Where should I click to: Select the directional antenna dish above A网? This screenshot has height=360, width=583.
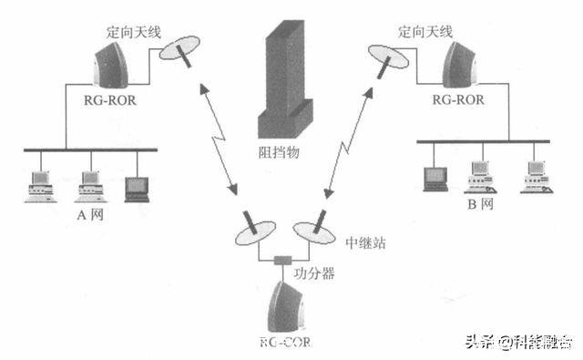tap(181, 52)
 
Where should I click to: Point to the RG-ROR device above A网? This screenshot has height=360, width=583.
tap(114, 65)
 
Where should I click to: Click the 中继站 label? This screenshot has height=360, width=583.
tap(363, 244)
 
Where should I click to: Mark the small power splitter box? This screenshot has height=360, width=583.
tap(281, 262)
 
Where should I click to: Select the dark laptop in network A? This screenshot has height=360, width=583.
tap(138, 186)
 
